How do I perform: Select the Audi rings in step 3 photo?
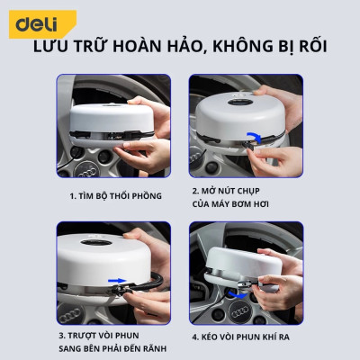88,304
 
